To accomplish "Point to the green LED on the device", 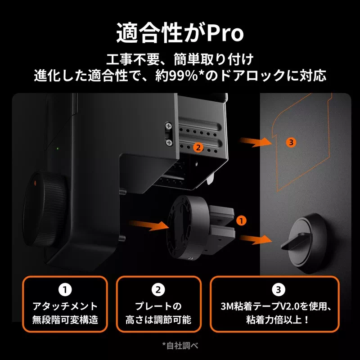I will point(58,148).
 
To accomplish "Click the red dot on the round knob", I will point(35,182).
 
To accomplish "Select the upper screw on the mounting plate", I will point(169,126).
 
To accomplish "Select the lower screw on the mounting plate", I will point(169,142).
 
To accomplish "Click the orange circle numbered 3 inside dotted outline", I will point(291,142).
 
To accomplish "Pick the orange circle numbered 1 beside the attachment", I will point(242,220).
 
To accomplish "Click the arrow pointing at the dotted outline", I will point(255,142).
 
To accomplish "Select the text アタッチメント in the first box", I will point(65,306).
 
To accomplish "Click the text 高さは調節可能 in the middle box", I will point(158,320).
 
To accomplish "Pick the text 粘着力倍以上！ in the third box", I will point(278,320).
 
